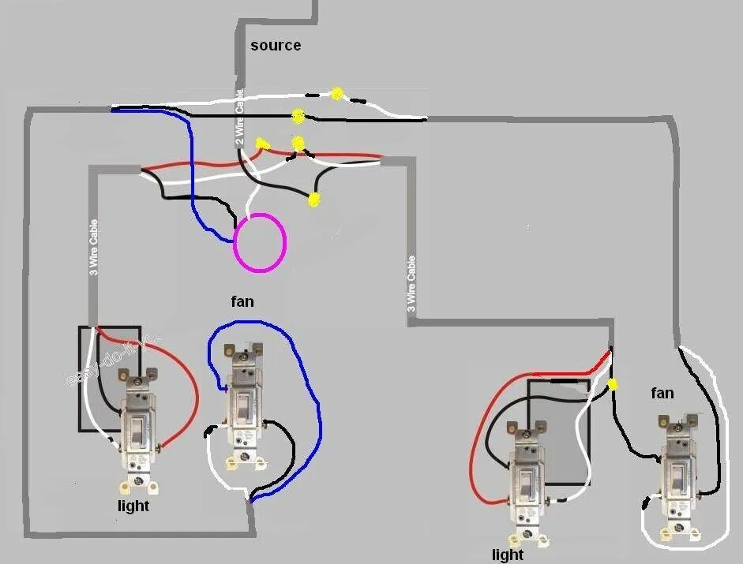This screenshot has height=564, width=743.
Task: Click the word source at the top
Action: coord(276,46)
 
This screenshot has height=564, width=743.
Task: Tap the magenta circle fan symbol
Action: coord(260,243)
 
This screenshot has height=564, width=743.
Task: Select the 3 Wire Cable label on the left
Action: coord(94,248)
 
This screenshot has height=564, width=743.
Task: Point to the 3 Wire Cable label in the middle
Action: coord(411,282)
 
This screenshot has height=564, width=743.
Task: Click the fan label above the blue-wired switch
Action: coord(242,301)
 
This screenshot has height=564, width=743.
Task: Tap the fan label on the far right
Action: coord(662,392)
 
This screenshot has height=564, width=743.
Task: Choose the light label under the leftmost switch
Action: coord(133,506)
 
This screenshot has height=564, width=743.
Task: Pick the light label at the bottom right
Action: coord(507,555)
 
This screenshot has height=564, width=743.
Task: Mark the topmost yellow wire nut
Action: coord(337,93)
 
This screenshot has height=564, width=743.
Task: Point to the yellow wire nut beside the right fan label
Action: coord(613,385)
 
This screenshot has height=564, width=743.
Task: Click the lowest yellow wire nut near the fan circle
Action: coord(314,200)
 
